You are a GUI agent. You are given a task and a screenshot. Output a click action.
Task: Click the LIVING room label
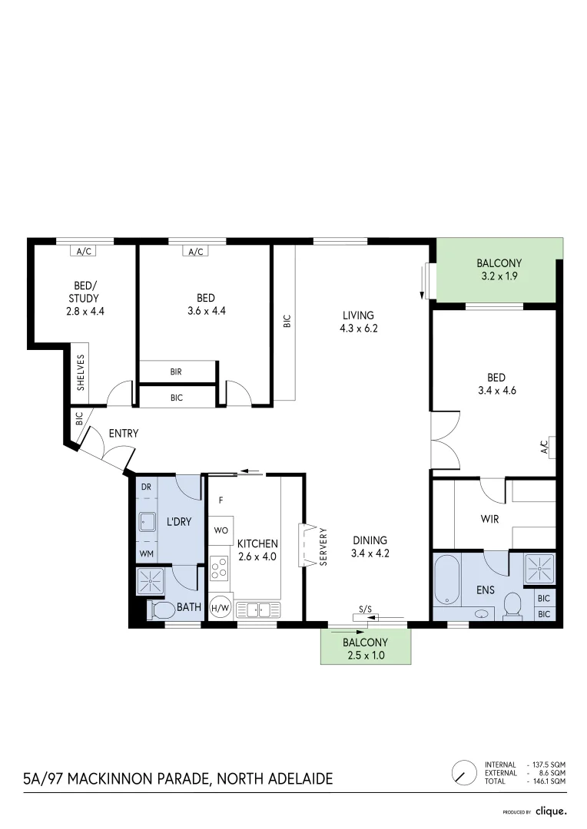click(358, 315)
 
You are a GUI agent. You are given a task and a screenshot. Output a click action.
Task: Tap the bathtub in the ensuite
click(446, 581)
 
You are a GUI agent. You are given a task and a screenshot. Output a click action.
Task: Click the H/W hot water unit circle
click(221, 607)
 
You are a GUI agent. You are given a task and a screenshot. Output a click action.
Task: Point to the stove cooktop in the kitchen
click(219, 568)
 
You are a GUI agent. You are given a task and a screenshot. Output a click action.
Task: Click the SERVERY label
click(323, 546)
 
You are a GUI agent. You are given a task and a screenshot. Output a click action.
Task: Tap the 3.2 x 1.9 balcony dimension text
click(498, 276)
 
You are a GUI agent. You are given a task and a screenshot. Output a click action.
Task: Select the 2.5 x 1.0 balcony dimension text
click(364, 656)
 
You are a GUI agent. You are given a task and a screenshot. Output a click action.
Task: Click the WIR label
click(489, 519)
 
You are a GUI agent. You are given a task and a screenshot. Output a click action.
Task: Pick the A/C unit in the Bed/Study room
click(82, 251)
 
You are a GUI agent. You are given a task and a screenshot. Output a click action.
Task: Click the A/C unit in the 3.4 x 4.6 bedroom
click(545, 446)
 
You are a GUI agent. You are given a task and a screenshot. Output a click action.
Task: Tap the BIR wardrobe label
click(176, 372)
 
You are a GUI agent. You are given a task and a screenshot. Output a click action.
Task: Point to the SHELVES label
click(81, 372)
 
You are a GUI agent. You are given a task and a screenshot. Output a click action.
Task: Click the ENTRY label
click(123, 434)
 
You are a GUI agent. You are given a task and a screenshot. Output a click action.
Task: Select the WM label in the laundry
click(145, 553)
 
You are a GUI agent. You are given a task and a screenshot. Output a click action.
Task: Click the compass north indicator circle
click(463, 771)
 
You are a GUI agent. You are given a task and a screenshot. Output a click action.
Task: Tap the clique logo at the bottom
click(551, 811)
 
